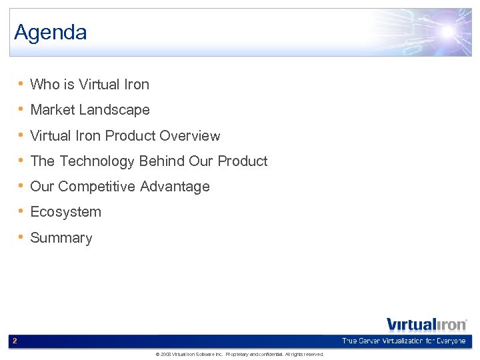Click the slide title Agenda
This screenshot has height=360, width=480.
(51, 32)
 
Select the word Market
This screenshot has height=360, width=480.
(53, 110)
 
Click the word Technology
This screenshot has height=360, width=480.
(97, 161)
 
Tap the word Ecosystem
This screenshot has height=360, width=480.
(66, 213)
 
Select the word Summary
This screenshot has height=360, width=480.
(61, 238)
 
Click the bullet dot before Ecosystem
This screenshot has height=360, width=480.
(22, 212)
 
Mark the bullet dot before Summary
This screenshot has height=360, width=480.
(22, 237)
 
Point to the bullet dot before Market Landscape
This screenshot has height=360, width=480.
(22, 109)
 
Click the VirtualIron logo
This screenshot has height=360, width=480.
(427, 325)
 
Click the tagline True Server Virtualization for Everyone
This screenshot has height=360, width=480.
(403, 341)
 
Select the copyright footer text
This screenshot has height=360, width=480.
(239, 355)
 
